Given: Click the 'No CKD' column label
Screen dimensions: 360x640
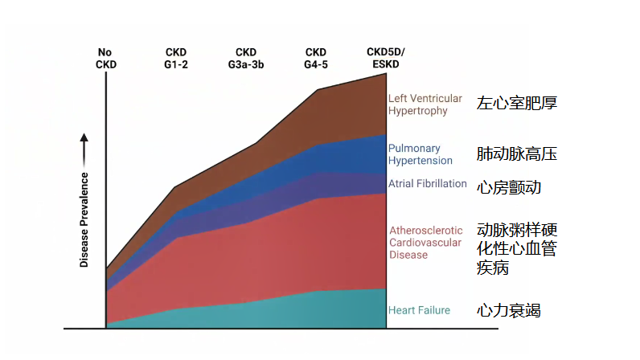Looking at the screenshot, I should (105, 58).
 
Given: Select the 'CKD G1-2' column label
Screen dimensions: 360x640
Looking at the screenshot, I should (176, 58).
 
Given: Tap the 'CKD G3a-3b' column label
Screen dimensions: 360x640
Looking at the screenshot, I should (246, 58).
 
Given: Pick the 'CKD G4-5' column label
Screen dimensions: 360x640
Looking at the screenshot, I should (315, 58).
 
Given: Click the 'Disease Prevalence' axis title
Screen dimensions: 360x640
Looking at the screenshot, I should (84, 219).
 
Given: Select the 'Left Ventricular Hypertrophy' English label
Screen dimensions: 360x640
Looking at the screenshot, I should (425, 104).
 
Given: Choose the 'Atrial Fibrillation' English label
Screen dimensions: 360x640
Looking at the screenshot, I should (427, 183).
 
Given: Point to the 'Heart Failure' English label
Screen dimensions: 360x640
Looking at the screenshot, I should (419, 310).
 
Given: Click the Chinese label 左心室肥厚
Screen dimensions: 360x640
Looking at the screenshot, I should (516, 103).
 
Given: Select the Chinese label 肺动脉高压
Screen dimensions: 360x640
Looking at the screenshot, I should (516, 153).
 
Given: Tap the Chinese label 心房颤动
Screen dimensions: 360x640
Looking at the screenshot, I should (508, 187).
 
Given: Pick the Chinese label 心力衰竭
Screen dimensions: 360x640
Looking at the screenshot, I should (508, 310).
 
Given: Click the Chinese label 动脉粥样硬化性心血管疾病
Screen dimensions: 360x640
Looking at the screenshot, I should (516, 248).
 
